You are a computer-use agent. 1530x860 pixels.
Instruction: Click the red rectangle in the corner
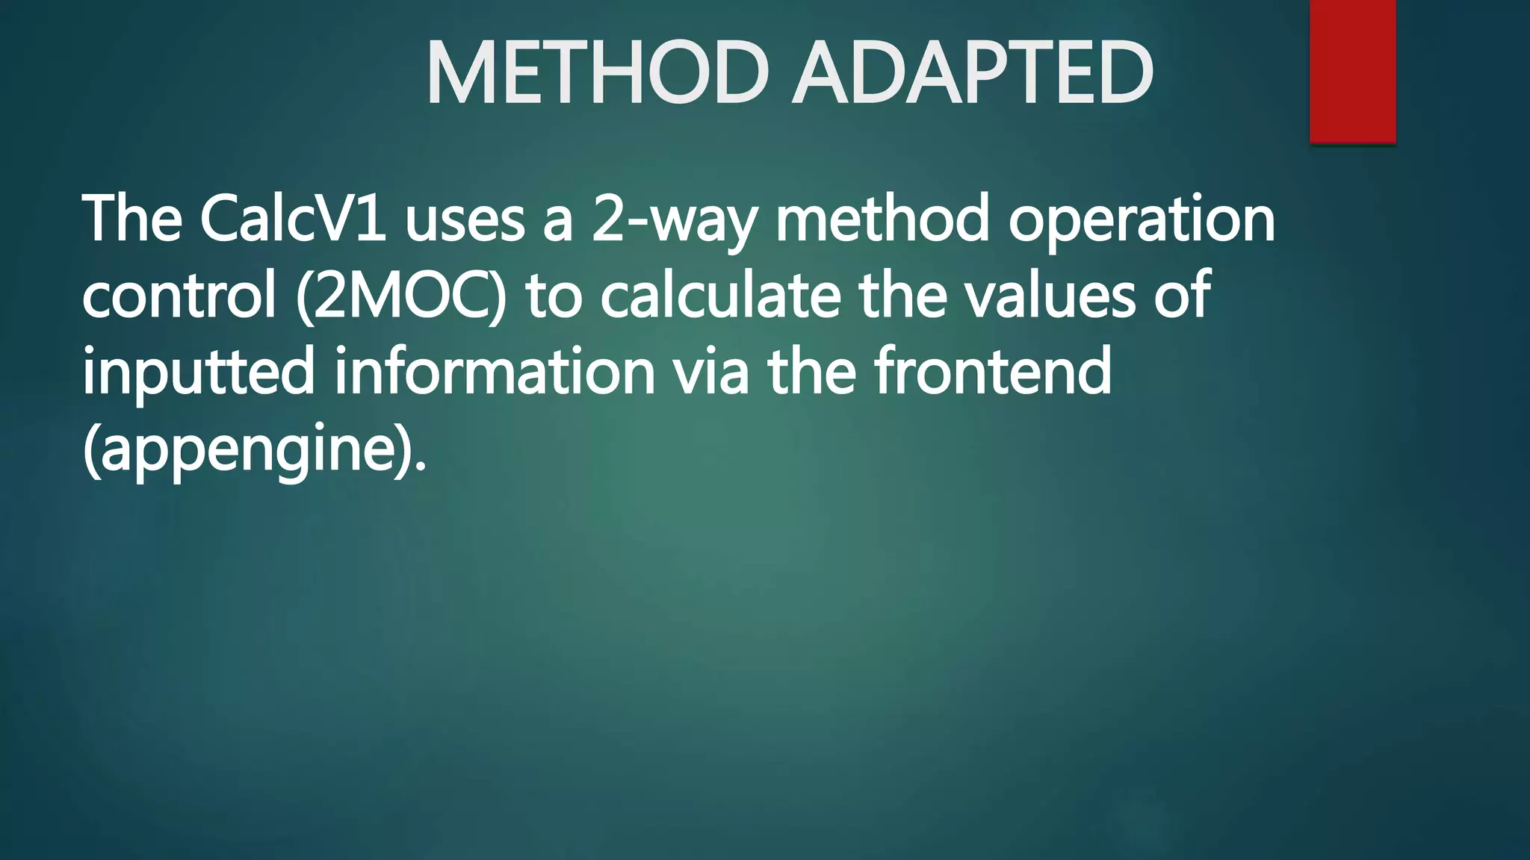tap(1352, 71)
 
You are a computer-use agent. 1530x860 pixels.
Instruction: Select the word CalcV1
tap(293, 219)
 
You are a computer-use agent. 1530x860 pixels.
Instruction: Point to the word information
tap(494, 372)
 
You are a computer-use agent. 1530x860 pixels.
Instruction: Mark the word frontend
tap(993, 372)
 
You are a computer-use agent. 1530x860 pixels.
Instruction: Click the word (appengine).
tap(254, 450)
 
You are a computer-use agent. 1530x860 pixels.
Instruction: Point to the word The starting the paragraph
tap(131, 219)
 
